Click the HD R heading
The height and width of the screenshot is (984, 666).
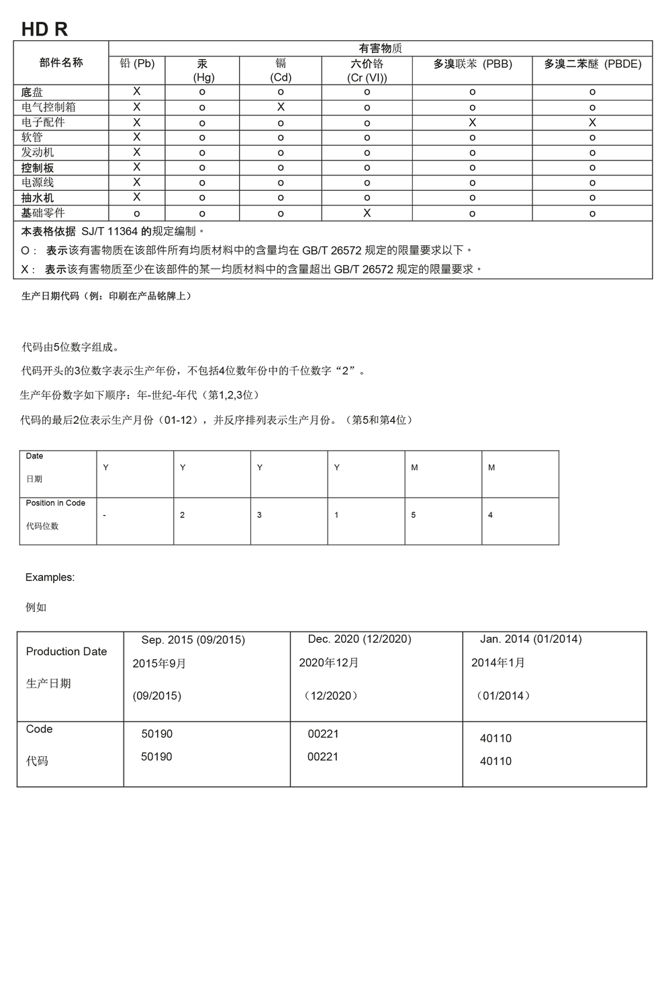44,29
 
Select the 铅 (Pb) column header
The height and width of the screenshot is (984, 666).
137,64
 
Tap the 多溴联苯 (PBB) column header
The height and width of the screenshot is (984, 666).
472,64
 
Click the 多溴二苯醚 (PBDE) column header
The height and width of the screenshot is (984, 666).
592,64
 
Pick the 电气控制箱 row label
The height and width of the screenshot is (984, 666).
48,107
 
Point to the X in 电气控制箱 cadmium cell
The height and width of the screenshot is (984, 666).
281,107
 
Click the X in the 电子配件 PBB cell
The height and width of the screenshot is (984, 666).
472,122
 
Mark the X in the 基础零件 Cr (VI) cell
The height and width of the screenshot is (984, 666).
367,213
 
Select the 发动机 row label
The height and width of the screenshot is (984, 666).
38,152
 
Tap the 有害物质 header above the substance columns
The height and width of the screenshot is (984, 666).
380,48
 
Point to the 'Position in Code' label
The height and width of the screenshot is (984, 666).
56,503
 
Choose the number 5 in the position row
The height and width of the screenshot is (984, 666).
414,515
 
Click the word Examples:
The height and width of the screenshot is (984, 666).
50,577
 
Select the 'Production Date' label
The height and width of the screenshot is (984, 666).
66,652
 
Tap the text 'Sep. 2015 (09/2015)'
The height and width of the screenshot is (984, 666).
193,640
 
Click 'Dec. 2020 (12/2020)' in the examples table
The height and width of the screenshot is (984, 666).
359,639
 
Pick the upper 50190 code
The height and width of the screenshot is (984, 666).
156,734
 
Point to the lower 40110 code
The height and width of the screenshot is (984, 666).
495,761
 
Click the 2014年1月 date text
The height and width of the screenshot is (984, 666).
498,663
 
